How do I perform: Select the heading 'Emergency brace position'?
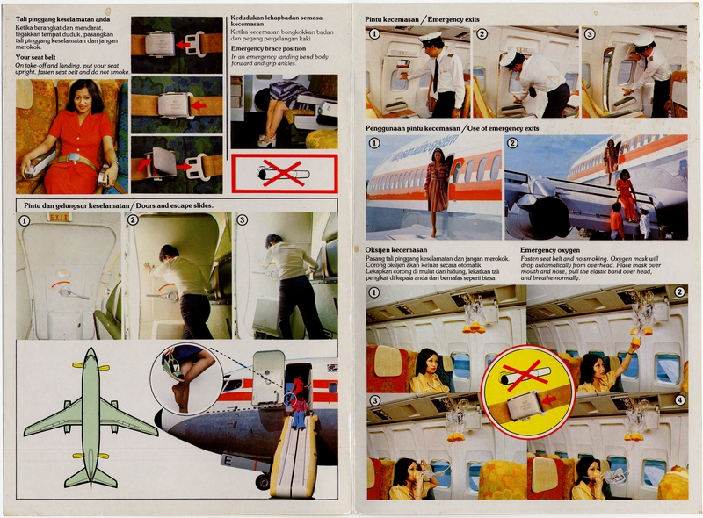(272, 48)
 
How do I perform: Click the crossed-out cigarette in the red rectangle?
(283, 173)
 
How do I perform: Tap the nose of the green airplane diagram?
(91, 354)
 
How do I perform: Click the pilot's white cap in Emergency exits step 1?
(431, 38)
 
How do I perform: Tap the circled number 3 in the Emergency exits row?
(590, 34)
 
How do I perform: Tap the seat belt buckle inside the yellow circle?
(526, 403)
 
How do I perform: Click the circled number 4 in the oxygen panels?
(679, 400)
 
